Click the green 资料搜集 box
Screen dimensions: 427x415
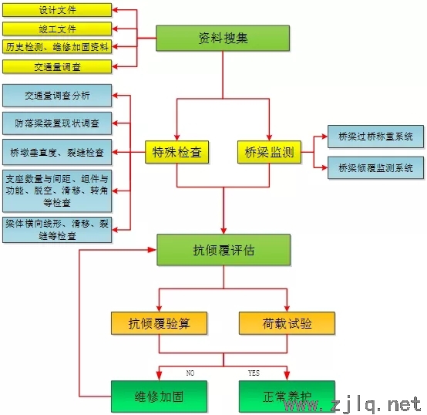pos(223,38)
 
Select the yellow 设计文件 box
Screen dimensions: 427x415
pos(57,10)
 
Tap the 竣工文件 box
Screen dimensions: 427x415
pos(57,29)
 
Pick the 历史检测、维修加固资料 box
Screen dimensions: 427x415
pos(57,47)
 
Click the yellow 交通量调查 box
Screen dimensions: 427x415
pos(57,67)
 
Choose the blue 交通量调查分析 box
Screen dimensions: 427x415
pos(57,96)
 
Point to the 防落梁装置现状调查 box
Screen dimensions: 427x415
pos(57,123)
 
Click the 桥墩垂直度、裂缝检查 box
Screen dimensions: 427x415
pos(57,152)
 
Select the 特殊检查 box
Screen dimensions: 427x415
pos(177,152)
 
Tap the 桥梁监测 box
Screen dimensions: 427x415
pos(269,152)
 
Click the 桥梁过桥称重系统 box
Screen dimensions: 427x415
pos(375,137)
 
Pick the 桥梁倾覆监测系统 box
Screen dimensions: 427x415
pos(375,167)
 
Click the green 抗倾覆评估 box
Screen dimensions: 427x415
pos(224,250)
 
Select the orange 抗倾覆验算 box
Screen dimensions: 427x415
pos(159,323)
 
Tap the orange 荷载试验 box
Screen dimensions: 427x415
pos(287,323)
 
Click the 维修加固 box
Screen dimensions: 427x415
pos(159,396)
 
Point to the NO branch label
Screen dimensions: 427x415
pos(190,373)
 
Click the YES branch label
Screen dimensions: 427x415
pos(254,373)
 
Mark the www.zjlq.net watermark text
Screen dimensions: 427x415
pos(353,405)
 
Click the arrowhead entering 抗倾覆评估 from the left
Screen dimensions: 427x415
pos(153,250)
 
